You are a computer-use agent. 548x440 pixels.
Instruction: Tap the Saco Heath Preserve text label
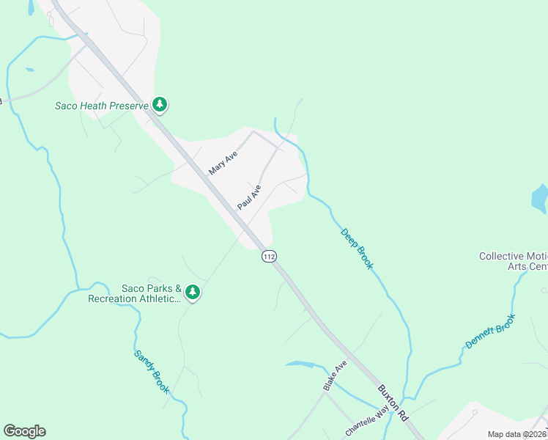102,106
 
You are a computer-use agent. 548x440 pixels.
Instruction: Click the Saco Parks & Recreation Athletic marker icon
193,293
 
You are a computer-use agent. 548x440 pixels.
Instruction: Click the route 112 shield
269,257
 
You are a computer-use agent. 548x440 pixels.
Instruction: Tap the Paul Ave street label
249,197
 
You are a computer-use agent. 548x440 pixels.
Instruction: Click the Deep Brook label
357,249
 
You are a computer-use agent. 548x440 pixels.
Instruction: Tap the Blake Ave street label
335,375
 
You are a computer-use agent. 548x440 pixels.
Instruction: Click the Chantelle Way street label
366,423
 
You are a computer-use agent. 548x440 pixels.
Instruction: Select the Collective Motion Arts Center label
513,261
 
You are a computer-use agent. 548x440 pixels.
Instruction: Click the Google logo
24,431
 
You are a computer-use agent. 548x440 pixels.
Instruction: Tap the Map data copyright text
517,434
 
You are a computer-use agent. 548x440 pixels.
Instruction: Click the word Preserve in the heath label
130,106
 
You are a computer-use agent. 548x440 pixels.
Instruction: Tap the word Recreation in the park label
116,298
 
